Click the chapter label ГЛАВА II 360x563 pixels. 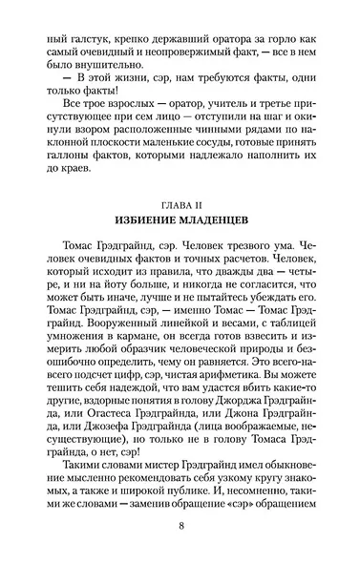(180, 204)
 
